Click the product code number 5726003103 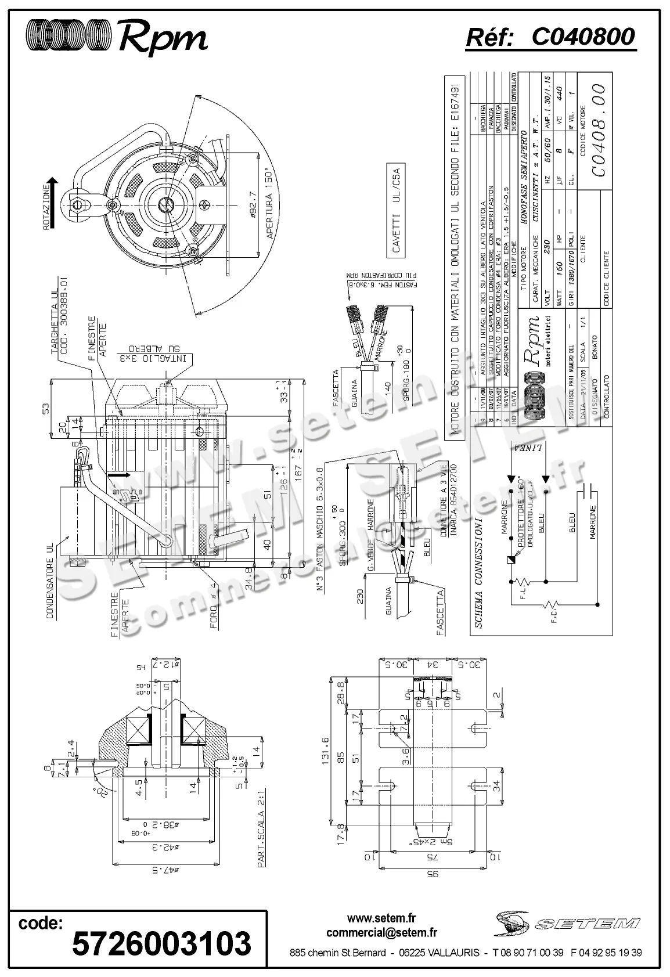[161, 943]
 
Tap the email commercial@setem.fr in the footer [381, 932]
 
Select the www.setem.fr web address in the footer [381, 918]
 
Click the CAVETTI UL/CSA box [397, 210]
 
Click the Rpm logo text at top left [163, 39]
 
